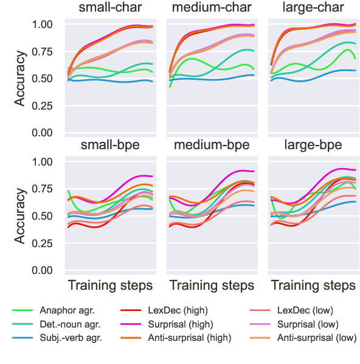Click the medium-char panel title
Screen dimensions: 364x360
tap(211, 8)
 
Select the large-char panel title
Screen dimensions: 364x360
tap(313, 8)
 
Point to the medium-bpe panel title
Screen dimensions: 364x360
tap(211, 145)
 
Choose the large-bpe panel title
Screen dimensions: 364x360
tap(313, 145)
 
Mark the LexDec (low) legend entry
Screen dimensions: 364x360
tap(305, 310)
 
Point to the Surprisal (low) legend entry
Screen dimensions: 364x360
tap(308, 324)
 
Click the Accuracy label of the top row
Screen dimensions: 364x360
tap(20, 78)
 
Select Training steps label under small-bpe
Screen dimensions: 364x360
tap(109, 285)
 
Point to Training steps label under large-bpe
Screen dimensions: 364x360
tap(313, 285)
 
